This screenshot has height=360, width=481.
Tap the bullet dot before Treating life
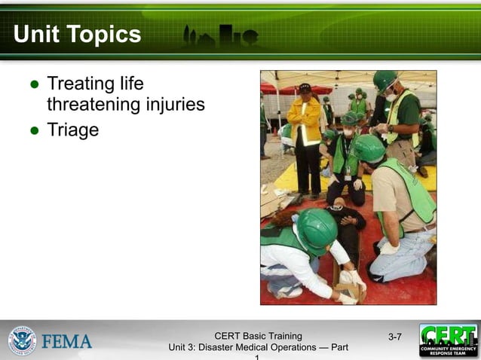pyautogui.click(x=34, y=84)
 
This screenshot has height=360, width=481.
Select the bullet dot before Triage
pyautogui.click(x=34, y=130)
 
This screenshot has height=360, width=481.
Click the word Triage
pyautogui.click(x=73, y=130)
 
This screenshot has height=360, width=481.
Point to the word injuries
pyautogui.click(x=175, y=105)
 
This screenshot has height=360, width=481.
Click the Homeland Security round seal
pyautogui.click(x=22, y=340)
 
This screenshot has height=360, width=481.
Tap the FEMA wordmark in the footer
pyautogui.click(x=67, y=341)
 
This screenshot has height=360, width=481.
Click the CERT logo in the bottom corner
pyautogui.click(x=449, y=340)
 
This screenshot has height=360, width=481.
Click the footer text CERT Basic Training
pyautogui.click(x=258, y=336)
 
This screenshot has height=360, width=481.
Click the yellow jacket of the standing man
pyautogui.click(x=304, y=121)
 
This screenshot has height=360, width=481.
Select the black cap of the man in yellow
pyautogui.click(x=305, y=88)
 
